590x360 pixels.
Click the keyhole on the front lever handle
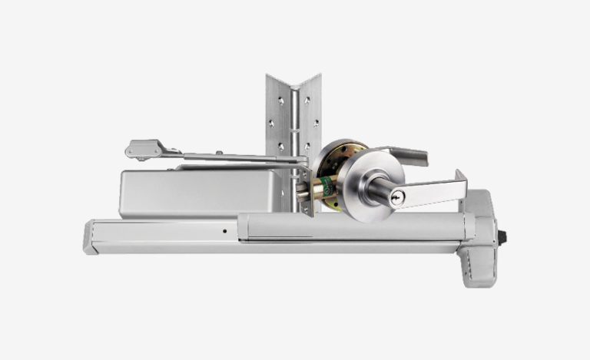coord(396,199)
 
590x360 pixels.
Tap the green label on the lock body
coord(325,187)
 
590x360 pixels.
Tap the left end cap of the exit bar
coord(90,236)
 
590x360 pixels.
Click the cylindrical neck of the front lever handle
coord(379,192)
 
